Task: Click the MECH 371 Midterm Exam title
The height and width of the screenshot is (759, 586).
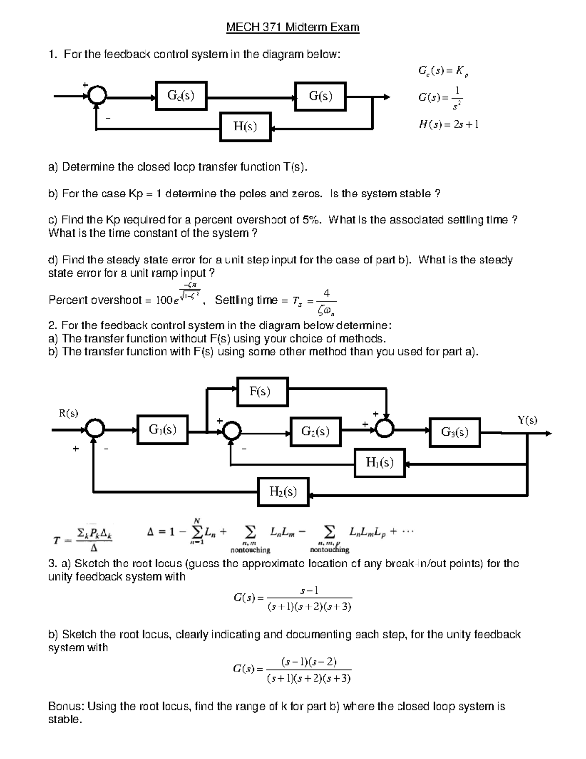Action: click(x=293, y=27)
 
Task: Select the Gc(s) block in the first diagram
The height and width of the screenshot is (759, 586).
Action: click(x=181, y=96)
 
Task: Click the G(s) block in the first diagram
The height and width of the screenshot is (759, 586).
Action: click(x=320, y=96)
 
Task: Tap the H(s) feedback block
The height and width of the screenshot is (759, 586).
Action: click(x=245, y=127)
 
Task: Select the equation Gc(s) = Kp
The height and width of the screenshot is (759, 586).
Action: click(x=443, y=71)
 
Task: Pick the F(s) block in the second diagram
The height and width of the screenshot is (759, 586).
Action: click(x=262, y=391)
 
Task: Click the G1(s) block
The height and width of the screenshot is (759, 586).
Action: click(x=163, y=430)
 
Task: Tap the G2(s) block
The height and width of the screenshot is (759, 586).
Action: click(x=315, y=431)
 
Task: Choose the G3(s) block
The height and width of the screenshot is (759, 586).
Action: click(x=455, y=432)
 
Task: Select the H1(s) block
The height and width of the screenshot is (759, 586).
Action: click(x=379, y=462)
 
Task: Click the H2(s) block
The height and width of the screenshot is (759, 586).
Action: click(x=283, y=491)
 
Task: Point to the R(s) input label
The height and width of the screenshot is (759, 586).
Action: click(x=68, y=413)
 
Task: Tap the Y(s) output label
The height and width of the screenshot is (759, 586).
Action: click(x=527, y=420)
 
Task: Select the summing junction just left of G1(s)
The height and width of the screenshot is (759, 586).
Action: click(x=95, y=430)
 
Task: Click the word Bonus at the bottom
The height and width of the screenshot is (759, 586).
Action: click(x=66, y=706)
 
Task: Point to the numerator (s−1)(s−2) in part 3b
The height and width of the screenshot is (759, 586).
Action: click(x=309, y=662)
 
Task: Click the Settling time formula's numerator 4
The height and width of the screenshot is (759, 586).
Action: click(x=327, y=293)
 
